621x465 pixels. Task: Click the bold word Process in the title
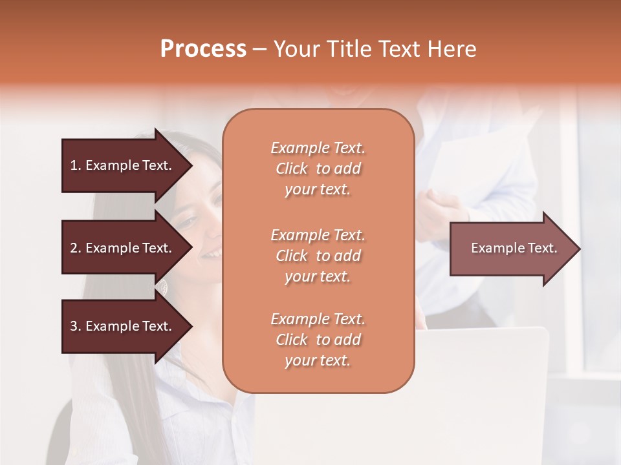pyautogui.click(x=203, y=49)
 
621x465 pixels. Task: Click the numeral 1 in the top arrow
pyautogui.click(x=74, y=165)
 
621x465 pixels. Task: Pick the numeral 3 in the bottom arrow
pyautogui.click(x=74, y=326)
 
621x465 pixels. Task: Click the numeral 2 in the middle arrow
pyautogui.click(x=74, y=248)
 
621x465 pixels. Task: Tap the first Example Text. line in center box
pyautogui.click(x=318, y=148)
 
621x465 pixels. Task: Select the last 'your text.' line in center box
pyautogui.click(x=318, y=360)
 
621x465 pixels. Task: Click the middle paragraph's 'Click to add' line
pyautogui.click(x=318, y=256)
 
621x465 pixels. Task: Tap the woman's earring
pyautogui.click(x=162, y=285)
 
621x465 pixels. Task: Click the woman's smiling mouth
pyautogui.click(x=211, y=254)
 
